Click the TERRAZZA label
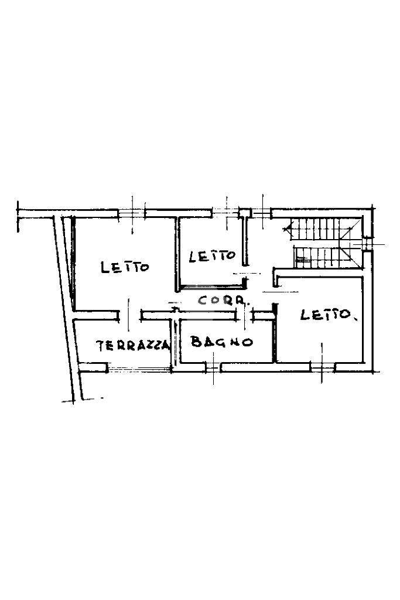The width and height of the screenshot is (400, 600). click(133, 345)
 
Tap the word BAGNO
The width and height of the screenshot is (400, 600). click(221, 342)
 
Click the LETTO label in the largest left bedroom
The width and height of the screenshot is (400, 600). click(125, 267)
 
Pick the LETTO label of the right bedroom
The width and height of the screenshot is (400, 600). click(328, 315)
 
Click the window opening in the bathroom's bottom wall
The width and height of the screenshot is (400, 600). click(213, 367)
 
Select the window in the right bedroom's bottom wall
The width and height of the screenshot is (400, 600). click(322, 367)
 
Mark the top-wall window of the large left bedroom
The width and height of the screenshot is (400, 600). click(132, 213)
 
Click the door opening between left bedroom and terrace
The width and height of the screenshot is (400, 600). click(129, 315)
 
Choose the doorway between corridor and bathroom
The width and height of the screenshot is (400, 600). click(244, 315)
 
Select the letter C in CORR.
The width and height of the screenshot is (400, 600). click(203, 301)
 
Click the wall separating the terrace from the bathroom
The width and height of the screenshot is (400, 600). click(174, 343)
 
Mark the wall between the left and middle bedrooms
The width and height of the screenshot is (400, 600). click(176, 252)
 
